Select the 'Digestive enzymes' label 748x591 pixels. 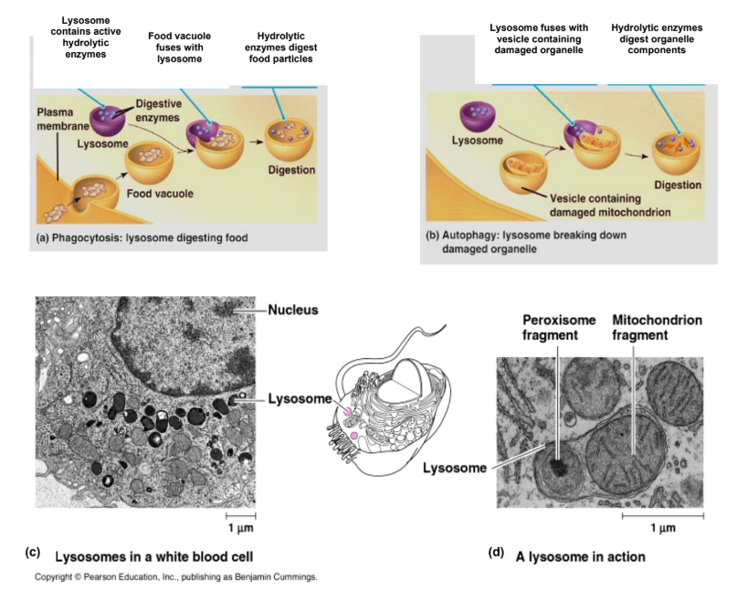pyautogui.click(x=158, y=111)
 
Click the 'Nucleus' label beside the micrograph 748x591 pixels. pyautogui.click(x=293, y=310)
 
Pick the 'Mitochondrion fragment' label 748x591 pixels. pyautogui.click(x=657, y=328)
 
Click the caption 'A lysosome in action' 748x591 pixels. pyautogui.click(x=580, y=555)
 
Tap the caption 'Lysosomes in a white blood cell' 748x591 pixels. pyautogui.click(x=154, y=555)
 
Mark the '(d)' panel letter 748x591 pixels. pyautogui.click(x=497, y=553)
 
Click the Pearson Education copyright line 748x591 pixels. pyautogui.click(x=176, y=577)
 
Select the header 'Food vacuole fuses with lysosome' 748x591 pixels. pyautogui.click(x=179, y=47)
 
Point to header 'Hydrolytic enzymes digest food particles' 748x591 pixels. pyautogui.click(x=279, y=47)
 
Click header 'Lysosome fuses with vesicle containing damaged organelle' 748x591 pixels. pyautogui.click(x=539, y=38)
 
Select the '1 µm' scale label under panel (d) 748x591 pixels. pyautogui.click(x=662, y=528)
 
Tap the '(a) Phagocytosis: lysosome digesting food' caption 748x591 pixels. pyautogui.click(x=142, y=238)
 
